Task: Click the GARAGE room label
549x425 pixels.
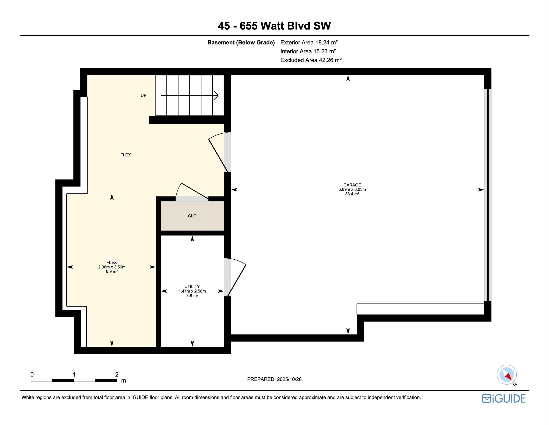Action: click(x=352, y=185)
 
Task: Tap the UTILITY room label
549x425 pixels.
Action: click(x=192, y=286)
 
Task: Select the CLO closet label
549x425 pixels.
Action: click(x=192, y=216)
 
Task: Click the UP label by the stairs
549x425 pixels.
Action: click(x=143, y=95)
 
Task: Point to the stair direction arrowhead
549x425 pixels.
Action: click(x=216, y=95)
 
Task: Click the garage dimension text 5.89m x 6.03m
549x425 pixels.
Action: click(x=352, y=189)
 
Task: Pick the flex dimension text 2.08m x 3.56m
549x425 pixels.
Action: click(x=112, y=267)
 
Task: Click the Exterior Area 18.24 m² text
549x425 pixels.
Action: click(x=309, y=42)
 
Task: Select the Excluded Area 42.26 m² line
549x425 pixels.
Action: click(x=311, y=60)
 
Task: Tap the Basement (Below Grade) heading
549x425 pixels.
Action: click(x=241, y=42)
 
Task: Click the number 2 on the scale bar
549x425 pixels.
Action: click(x=117, y=374)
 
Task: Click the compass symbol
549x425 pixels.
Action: click(x=506, y=375)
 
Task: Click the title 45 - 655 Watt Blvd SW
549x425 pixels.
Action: click(x=274, y=26)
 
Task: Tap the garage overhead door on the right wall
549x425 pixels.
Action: click(x=488, y=195)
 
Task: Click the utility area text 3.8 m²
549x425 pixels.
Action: click(x=192, y=296)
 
